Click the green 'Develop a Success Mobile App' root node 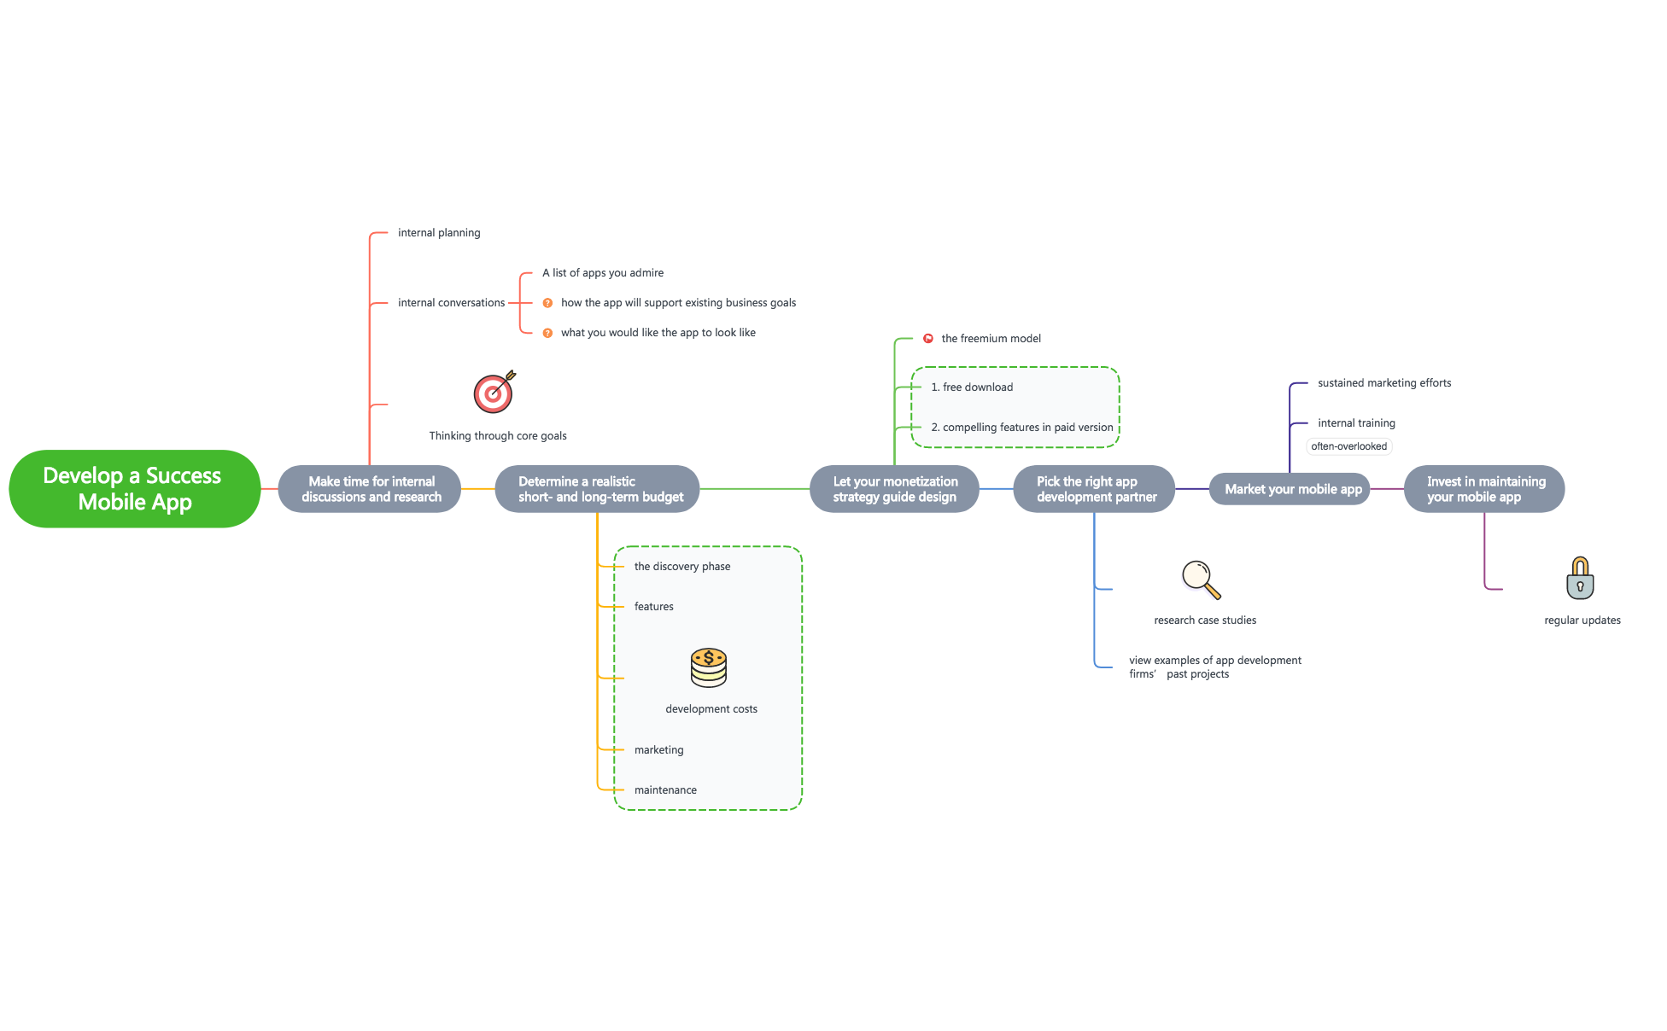(134, 488)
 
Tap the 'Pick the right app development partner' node (1094, 489)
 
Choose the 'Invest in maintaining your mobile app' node (1484, 489)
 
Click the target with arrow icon (494, 392)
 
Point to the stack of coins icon (709, 667)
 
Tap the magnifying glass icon (1201, 580)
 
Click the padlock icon (1580, 579)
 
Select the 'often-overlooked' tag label (1349, 446)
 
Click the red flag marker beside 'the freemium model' (928, 339)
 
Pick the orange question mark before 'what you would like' (548, 333)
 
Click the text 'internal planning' (439, 233)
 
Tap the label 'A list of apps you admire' (603, 273)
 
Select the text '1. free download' (972, 387)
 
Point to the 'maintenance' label (665, 790)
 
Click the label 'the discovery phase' (682, 567)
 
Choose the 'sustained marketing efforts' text (1384, 383)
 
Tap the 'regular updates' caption (1582, 620)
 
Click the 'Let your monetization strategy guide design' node (894, 489)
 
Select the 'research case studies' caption (1205, 620)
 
